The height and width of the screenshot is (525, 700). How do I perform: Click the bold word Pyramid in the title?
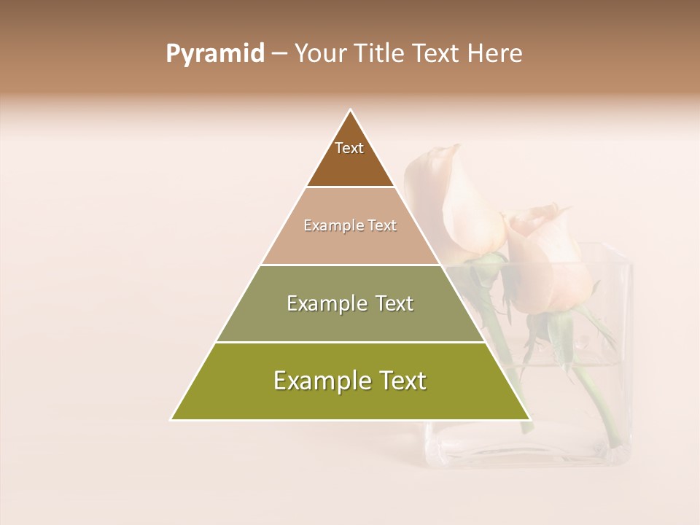pyautogui.click(x=214, y=53)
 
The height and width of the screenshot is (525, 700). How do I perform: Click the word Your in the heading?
pyautogui.click(x=320, y=53)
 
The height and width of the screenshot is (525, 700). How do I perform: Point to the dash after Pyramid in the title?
pyautogui.click(x=279, y=54)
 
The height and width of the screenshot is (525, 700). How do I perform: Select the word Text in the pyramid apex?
pyautogui.click(x=349, y=148)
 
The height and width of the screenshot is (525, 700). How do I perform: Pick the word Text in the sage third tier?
pyautogui.click(x=394, y=303)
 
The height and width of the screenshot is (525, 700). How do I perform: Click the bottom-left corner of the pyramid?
pyautogui.click(x=172, y=419)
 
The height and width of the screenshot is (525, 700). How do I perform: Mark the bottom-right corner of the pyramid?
pyautogui.click(x=529, y=419)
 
